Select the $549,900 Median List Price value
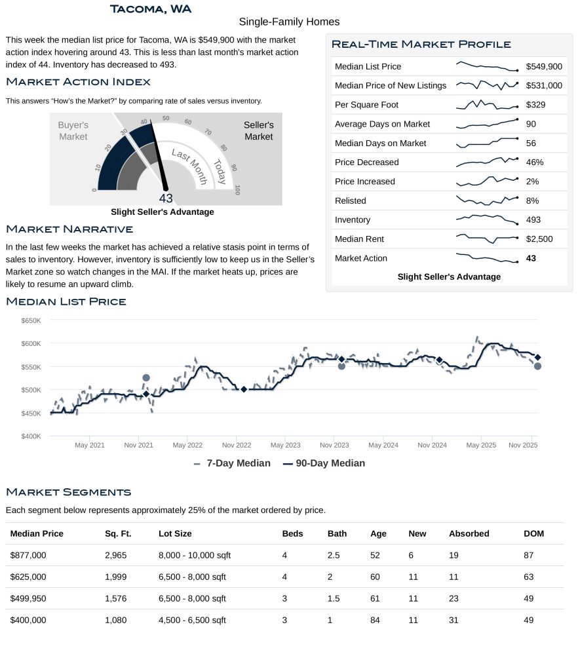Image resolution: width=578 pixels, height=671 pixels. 543,67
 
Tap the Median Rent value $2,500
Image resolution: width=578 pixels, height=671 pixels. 539,239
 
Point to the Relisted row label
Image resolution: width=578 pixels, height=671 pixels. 350,201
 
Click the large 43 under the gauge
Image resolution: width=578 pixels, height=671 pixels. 166,199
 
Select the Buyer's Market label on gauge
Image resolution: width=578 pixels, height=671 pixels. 73,130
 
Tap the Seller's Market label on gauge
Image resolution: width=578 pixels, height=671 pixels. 258,130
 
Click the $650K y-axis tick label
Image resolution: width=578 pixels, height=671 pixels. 31,320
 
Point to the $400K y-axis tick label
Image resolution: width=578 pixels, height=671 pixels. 31,436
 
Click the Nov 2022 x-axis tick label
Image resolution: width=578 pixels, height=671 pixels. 236,446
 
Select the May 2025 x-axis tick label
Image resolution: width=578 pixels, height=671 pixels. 481,446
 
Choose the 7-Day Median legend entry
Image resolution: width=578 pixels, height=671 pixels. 233,463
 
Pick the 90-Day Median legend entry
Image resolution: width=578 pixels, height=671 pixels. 324,463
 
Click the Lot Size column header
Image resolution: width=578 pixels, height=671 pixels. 175,533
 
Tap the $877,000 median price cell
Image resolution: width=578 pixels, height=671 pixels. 28,555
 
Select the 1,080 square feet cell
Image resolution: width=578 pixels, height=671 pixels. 116,620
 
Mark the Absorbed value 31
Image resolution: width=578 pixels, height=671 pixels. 453,620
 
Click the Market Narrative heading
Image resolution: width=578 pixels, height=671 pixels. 69,229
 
